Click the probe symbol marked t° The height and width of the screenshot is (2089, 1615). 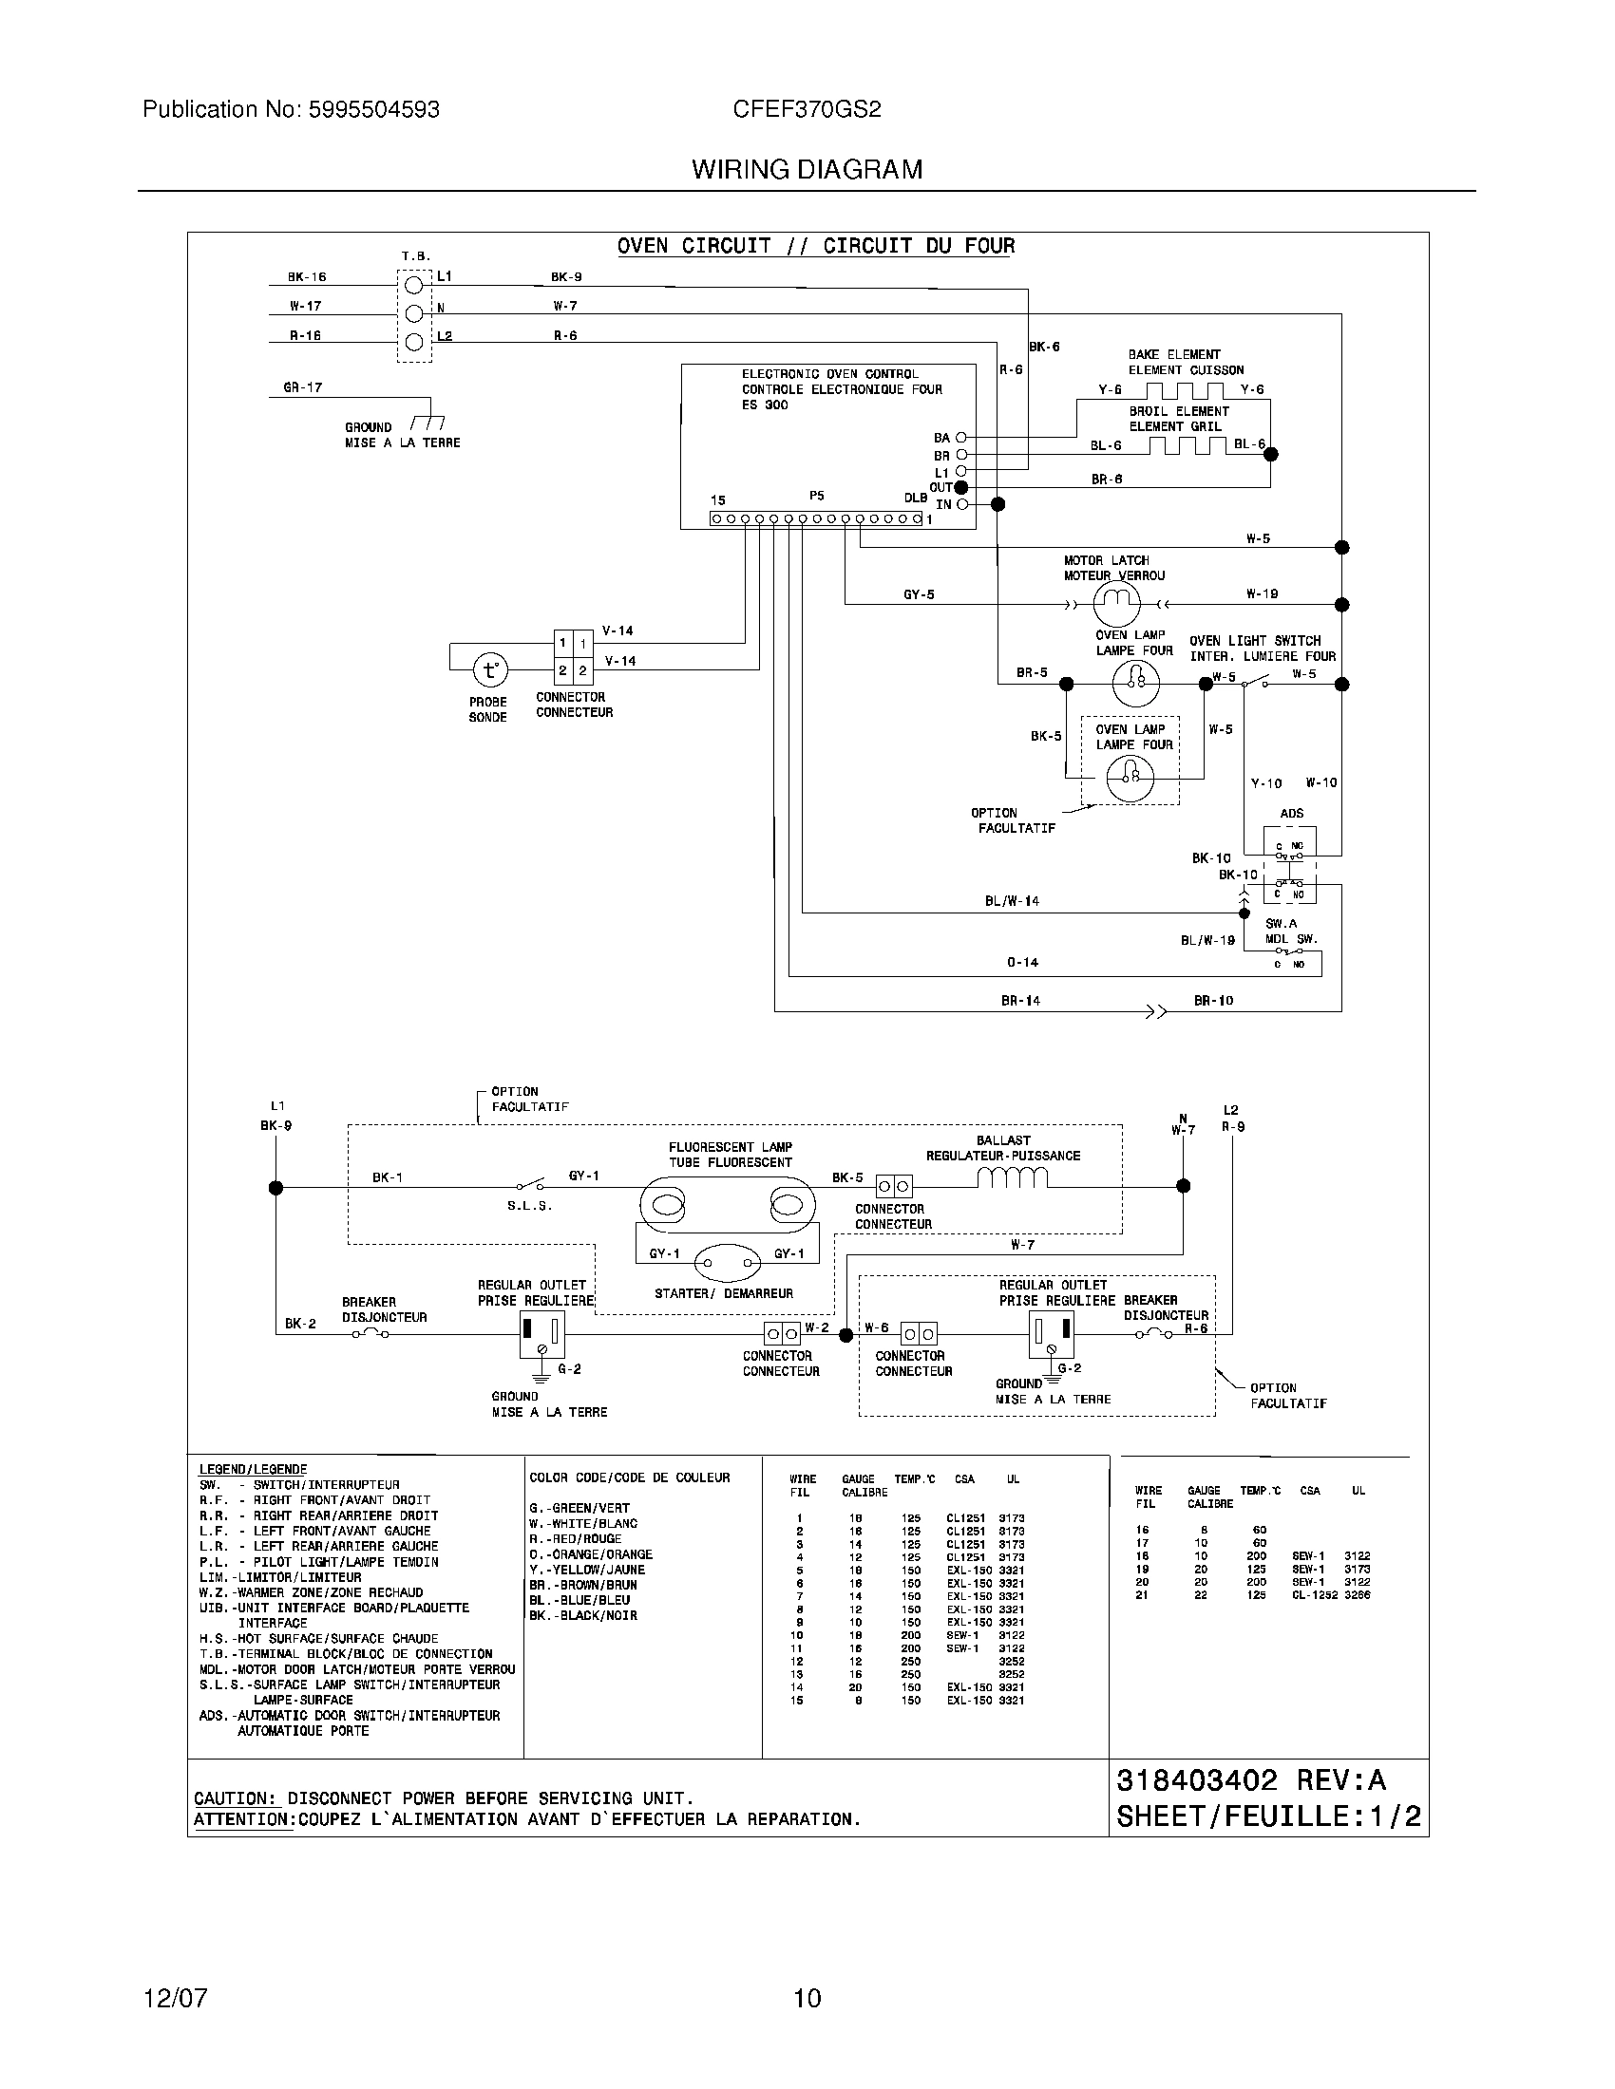coord(490,669)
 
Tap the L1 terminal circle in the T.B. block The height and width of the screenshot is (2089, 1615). coord(414,284)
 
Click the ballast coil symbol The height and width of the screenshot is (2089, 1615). coord(1013,1178)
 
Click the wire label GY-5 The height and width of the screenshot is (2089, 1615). coord(919,594)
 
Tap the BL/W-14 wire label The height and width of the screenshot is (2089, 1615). coord(1012,900)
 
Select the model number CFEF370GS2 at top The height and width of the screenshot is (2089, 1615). coord(807,109)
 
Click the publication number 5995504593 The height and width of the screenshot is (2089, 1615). coord(374,109)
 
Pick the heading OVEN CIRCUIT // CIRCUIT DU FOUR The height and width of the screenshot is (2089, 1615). coord(815,246)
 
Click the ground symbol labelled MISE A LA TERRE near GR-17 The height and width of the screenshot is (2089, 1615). coord(427,423)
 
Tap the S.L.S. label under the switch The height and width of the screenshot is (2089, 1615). coord(529,1206)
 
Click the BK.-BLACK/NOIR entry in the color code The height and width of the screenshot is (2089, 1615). coord(582,1615)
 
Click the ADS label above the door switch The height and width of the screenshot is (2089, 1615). coord(1291,813)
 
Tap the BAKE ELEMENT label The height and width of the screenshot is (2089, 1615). coord(1174,354)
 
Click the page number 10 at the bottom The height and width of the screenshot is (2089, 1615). coord(807,1998)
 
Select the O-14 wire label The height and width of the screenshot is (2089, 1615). coord(1022,962)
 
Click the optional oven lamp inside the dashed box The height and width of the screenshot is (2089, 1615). coord(1130,779)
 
